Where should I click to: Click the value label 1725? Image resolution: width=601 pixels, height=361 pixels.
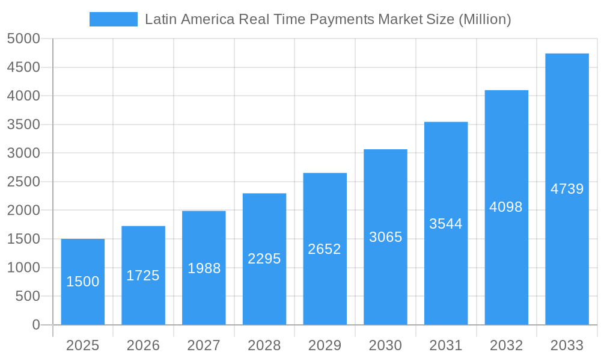pos(143,276)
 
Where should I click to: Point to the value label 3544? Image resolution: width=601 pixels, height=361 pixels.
pos(446,224)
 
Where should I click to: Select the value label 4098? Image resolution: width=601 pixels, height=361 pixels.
pos(506,207)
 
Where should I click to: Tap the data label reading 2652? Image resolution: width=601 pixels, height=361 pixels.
pos(325,249)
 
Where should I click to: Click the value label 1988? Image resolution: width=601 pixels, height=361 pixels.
pos(204,268)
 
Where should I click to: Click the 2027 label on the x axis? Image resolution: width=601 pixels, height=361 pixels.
pos(204,345)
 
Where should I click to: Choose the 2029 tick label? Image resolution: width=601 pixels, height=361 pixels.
pos(325,345)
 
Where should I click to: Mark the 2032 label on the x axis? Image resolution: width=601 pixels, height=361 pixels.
pos(506,345)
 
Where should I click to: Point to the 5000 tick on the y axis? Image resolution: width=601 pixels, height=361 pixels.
pos(23,39)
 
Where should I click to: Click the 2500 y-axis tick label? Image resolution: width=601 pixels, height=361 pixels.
pos(23,182)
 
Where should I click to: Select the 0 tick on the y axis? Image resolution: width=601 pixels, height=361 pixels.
pos(36,325)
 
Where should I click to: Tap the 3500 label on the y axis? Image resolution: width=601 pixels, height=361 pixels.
pos(23,125)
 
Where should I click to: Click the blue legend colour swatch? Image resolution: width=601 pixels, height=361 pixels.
pos(113,19)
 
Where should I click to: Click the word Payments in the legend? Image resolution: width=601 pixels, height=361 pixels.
pos(342,19)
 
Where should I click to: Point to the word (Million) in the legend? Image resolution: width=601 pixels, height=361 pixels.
pos(484,19)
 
